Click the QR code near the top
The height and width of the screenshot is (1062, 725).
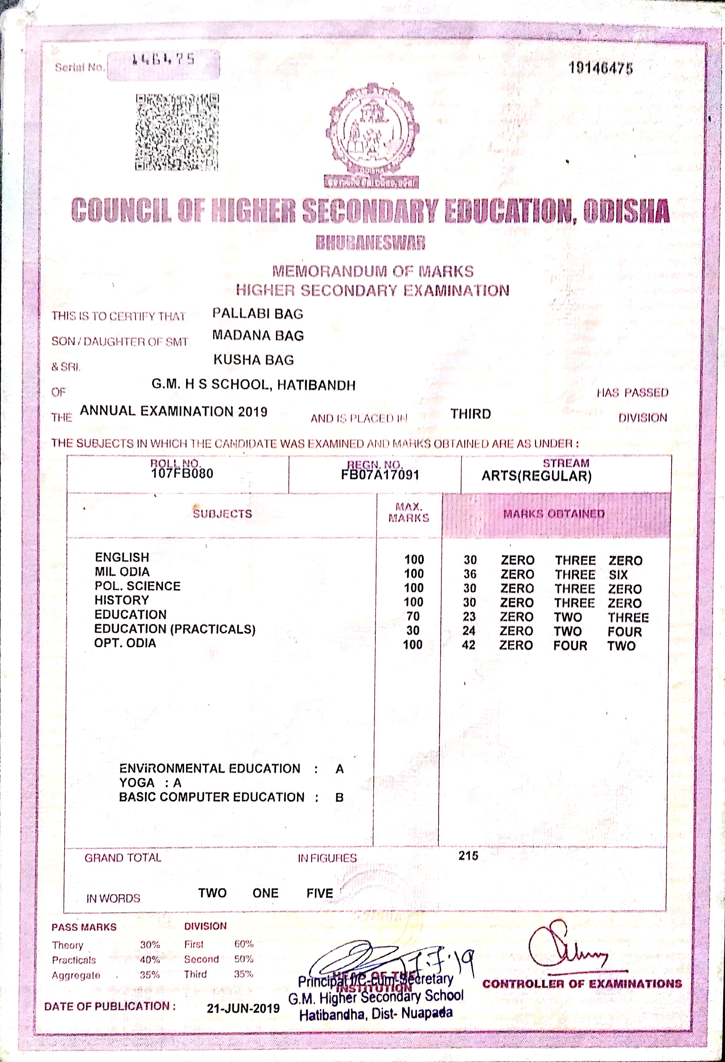click(x=177, y=132)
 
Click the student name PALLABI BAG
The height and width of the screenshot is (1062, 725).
click(x=258, y=313)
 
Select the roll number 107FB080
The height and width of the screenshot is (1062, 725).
click(x=182, y=473)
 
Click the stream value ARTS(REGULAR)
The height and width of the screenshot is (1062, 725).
click(x=536, y=476)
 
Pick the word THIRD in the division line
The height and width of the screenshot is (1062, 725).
click(x=470, y=414)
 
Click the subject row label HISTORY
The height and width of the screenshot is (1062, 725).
click(x=121, y=600)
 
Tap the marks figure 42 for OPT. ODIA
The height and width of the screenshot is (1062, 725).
click(x=469, y=645)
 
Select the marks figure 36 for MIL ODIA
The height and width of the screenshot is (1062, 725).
click(x=470, y=574)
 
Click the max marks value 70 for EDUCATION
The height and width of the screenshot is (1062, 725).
click(x=413, y=617)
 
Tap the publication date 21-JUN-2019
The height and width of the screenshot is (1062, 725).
click(x=243, y=1008)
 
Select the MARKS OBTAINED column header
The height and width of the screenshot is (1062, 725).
click(x=554, y=514)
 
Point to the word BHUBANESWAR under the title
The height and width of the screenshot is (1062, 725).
click(x=370, y=243)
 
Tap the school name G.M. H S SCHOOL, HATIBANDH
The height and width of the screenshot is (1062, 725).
click(x=253, y=385)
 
